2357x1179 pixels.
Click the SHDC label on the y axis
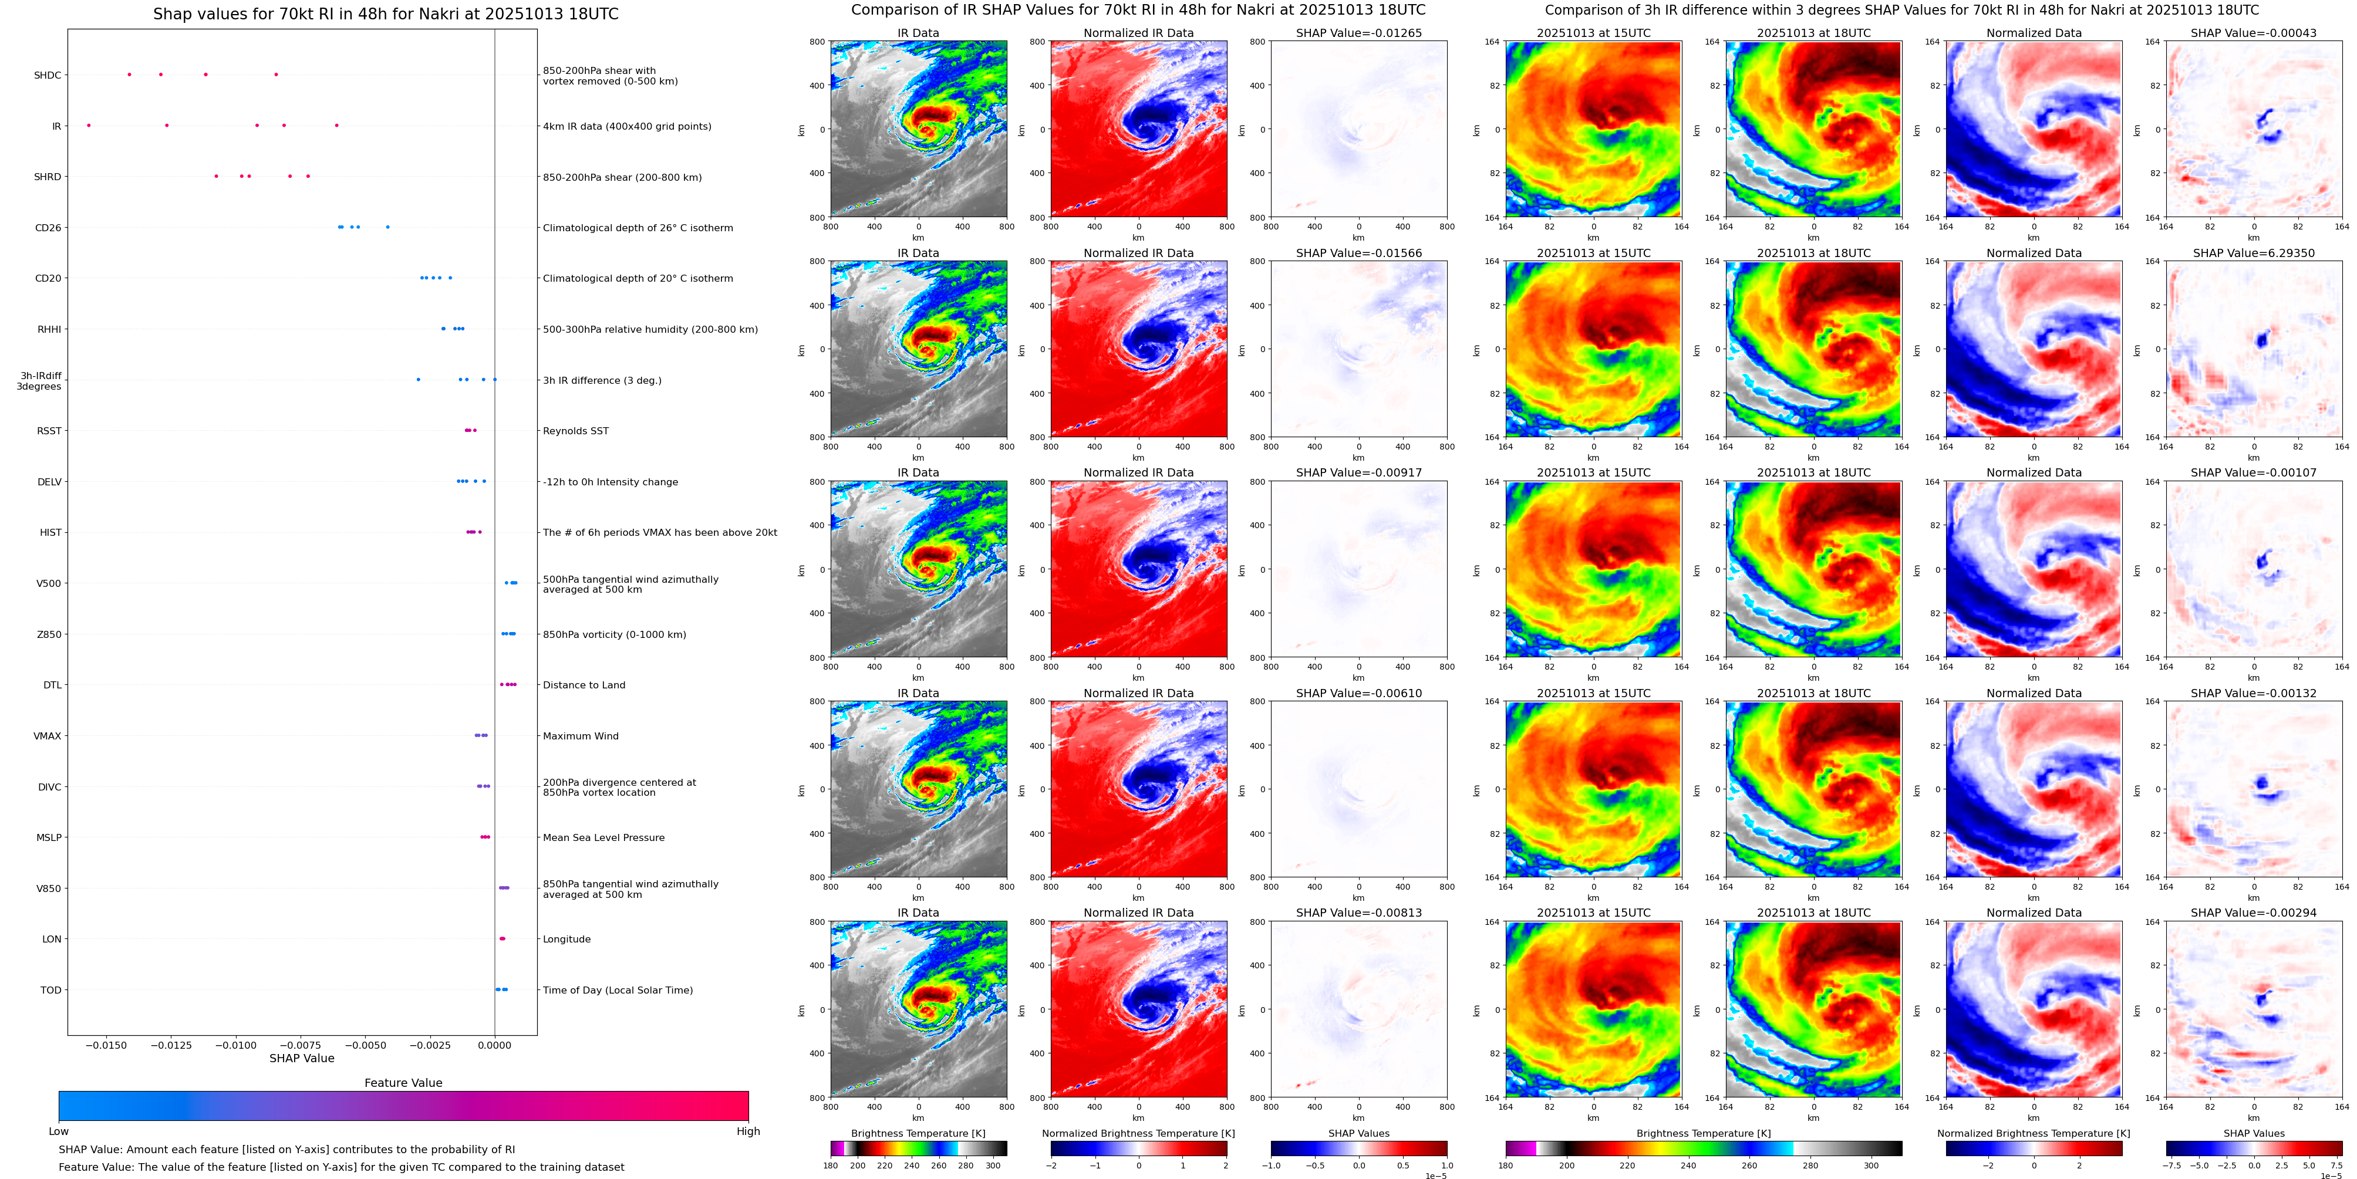(48, 75)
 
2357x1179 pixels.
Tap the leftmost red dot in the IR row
(89, 126)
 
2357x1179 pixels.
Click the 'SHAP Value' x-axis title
(302, 1058)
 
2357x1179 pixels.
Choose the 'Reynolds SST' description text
(575, 431)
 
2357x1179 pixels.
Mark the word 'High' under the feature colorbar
(748, 1131)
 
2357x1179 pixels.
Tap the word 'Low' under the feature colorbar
(59, 1131)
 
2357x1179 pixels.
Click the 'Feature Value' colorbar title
(403, 1083)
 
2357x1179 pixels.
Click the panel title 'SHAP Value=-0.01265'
(1359, 33)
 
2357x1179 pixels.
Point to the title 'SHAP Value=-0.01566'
(1359, 254)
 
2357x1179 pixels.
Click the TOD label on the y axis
(51, 989)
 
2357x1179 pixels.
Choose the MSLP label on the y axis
(49, 838)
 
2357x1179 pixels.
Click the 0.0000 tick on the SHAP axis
(495, 1045)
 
